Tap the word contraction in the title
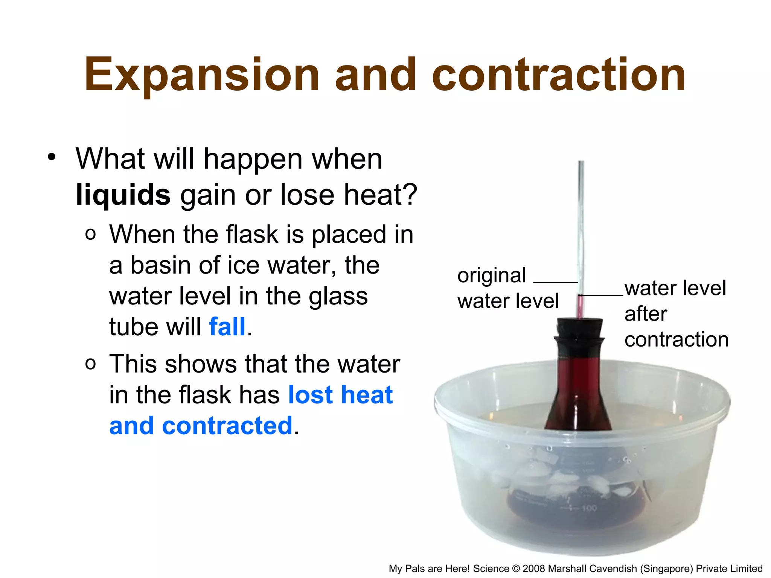point(559,75)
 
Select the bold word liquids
point(123,195)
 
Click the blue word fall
point(227,326)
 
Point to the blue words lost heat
point(340,395)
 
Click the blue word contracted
point(227,426)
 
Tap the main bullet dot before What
point(52,157)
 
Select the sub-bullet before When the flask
point(90,234)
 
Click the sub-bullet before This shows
point(90,364)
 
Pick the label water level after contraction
point(676,313)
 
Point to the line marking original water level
point(556,282)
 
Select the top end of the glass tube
point(581,163)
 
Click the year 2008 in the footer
point(534,569)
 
